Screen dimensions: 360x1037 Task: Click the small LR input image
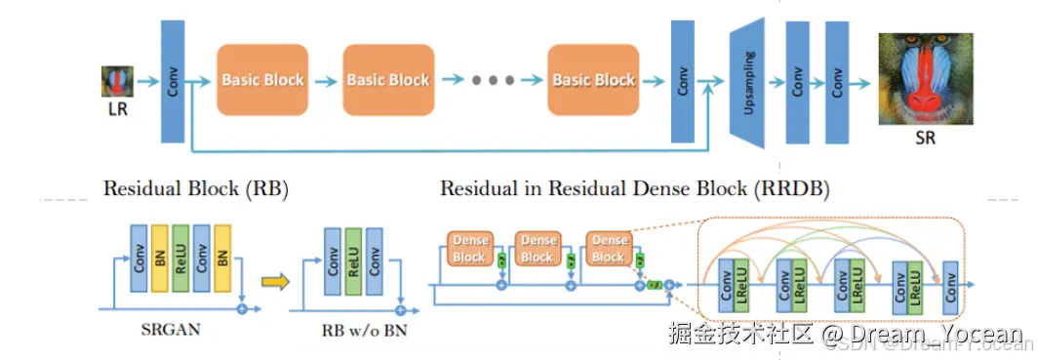(117, 82)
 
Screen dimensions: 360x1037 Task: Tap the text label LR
(117, 109)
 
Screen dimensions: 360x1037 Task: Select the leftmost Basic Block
(262, 80)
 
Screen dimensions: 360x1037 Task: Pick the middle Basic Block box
(387, 80)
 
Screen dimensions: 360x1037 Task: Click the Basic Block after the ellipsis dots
(593, 80)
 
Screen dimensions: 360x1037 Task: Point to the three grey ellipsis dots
(493, 81)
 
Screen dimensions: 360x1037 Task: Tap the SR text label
(925, 139)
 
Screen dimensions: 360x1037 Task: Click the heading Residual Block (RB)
(196, 188)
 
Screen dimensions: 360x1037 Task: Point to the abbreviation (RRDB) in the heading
(790, 188)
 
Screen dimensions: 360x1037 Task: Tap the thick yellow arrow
(277, 282)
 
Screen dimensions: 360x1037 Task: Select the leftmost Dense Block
(468, 249)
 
